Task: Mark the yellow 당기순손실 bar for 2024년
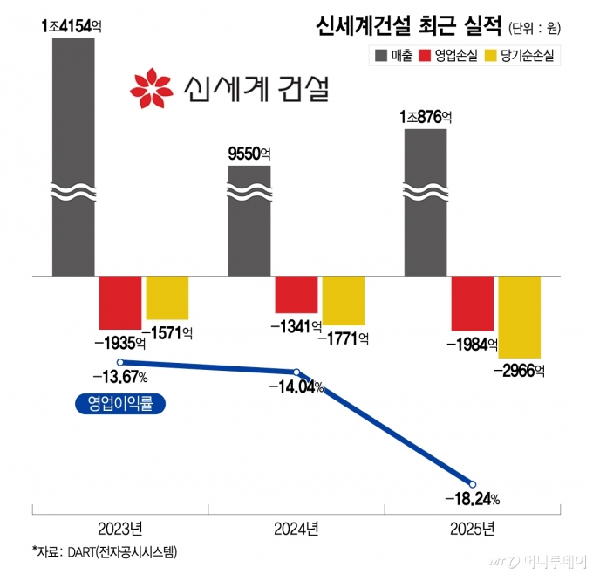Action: (x=343, y=300)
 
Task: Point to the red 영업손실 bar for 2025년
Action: (x=473, y=303)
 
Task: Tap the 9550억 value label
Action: (x=249, y=154)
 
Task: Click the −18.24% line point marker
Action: (x=473, y=484)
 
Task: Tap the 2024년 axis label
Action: (x=296, y=528)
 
